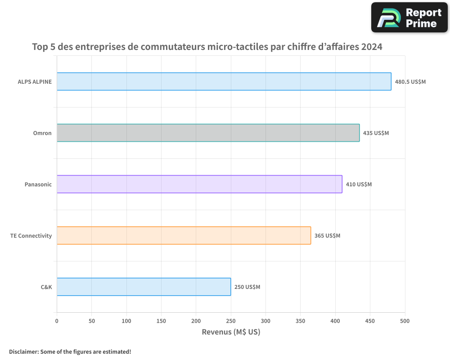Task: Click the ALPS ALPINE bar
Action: (224, 81)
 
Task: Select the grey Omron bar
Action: (208, 133)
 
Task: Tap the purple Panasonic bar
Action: (199, 184)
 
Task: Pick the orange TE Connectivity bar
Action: (184, 235)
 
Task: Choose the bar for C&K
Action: (144, 287)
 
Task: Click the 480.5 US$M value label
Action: (410, 82)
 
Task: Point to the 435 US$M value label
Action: (376, 133)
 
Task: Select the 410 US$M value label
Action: (359, 184)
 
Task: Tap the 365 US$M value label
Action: (327, 236)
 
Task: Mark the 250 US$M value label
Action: (247, 287)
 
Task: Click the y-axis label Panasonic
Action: (38, 184)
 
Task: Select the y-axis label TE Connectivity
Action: (31, 236)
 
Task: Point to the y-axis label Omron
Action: (42, 133)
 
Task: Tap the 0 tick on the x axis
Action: (57, 321)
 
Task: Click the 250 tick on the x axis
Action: (231, 321)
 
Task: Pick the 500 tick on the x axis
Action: (405, 321)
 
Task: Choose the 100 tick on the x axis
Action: (126, 321)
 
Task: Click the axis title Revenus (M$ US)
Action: (231, 332)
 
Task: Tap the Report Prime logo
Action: (409, 18)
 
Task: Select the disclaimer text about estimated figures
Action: (70, 351)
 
